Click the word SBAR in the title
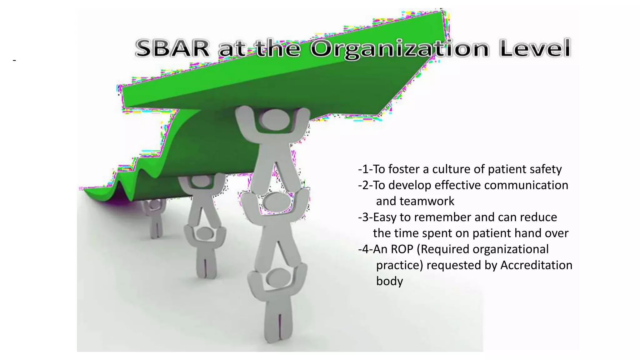click(x=172, y=48)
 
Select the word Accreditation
click(x=536, y=265)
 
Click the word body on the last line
click(x=389, y=281)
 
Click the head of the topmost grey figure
click(x=273, y=120)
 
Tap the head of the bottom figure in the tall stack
click(x=279, y=277)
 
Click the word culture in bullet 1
click(x=451, y=169)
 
